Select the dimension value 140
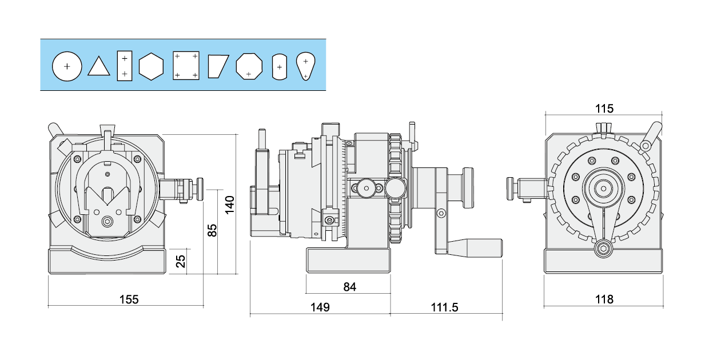229,205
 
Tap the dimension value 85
212,230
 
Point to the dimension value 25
180,261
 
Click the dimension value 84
350,287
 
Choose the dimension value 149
320,307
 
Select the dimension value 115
604,108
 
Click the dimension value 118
604,299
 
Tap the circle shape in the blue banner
67,66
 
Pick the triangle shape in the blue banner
98,67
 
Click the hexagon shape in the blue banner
151,66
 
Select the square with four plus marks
186,66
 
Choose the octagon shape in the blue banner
249,66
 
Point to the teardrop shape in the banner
306,66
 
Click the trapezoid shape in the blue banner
218,66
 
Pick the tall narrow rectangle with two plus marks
124,66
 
